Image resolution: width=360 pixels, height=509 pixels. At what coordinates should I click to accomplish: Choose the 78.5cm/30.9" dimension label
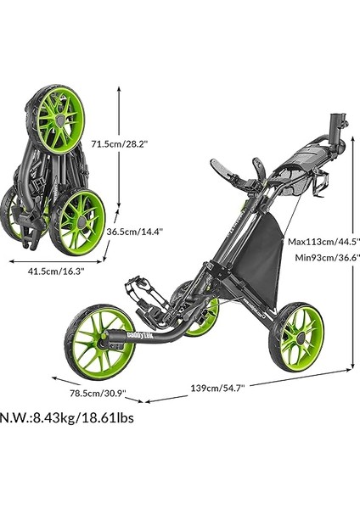click(98, 393)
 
